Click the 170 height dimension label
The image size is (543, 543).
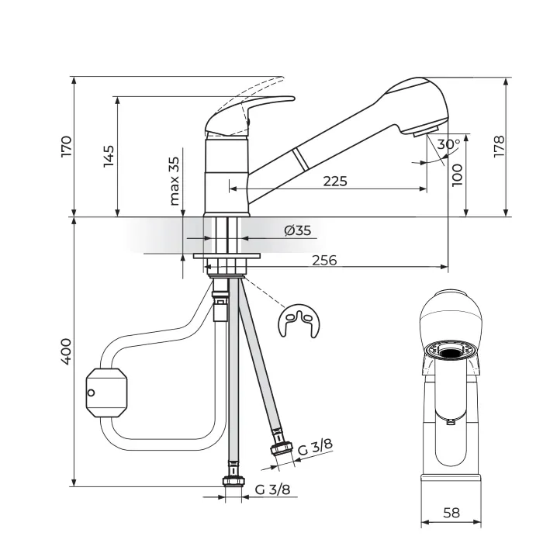pos(66,147)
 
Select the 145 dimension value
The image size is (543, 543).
pos(109,156)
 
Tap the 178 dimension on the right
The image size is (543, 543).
pos(499,147)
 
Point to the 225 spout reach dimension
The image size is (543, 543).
pos(335,181)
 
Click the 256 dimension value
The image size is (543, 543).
pos(324,260)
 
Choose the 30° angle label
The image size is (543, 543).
pos(448,144)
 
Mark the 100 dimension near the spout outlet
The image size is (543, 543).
pos(457,175)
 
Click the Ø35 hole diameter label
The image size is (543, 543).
pos(297,230)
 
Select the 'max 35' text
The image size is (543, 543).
pos(175,181)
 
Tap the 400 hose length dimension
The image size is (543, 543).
pos(66,351)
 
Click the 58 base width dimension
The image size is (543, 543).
pos(451,513)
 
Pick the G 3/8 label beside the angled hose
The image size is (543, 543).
pos(315,447)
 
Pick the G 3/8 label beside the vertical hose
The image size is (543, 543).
pos(272,489)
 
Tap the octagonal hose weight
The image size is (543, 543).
pos(106,393)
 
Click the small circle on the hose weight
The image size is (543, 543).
pos(91,393)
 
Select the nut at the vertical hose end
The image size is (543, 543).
pos(233,481)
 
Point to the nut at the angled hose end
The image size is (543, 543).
pos(281,448)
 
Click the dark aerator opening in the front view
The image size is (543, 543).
pos(451,353)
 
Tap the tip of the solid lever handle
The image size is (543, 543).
pos(294,99)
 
